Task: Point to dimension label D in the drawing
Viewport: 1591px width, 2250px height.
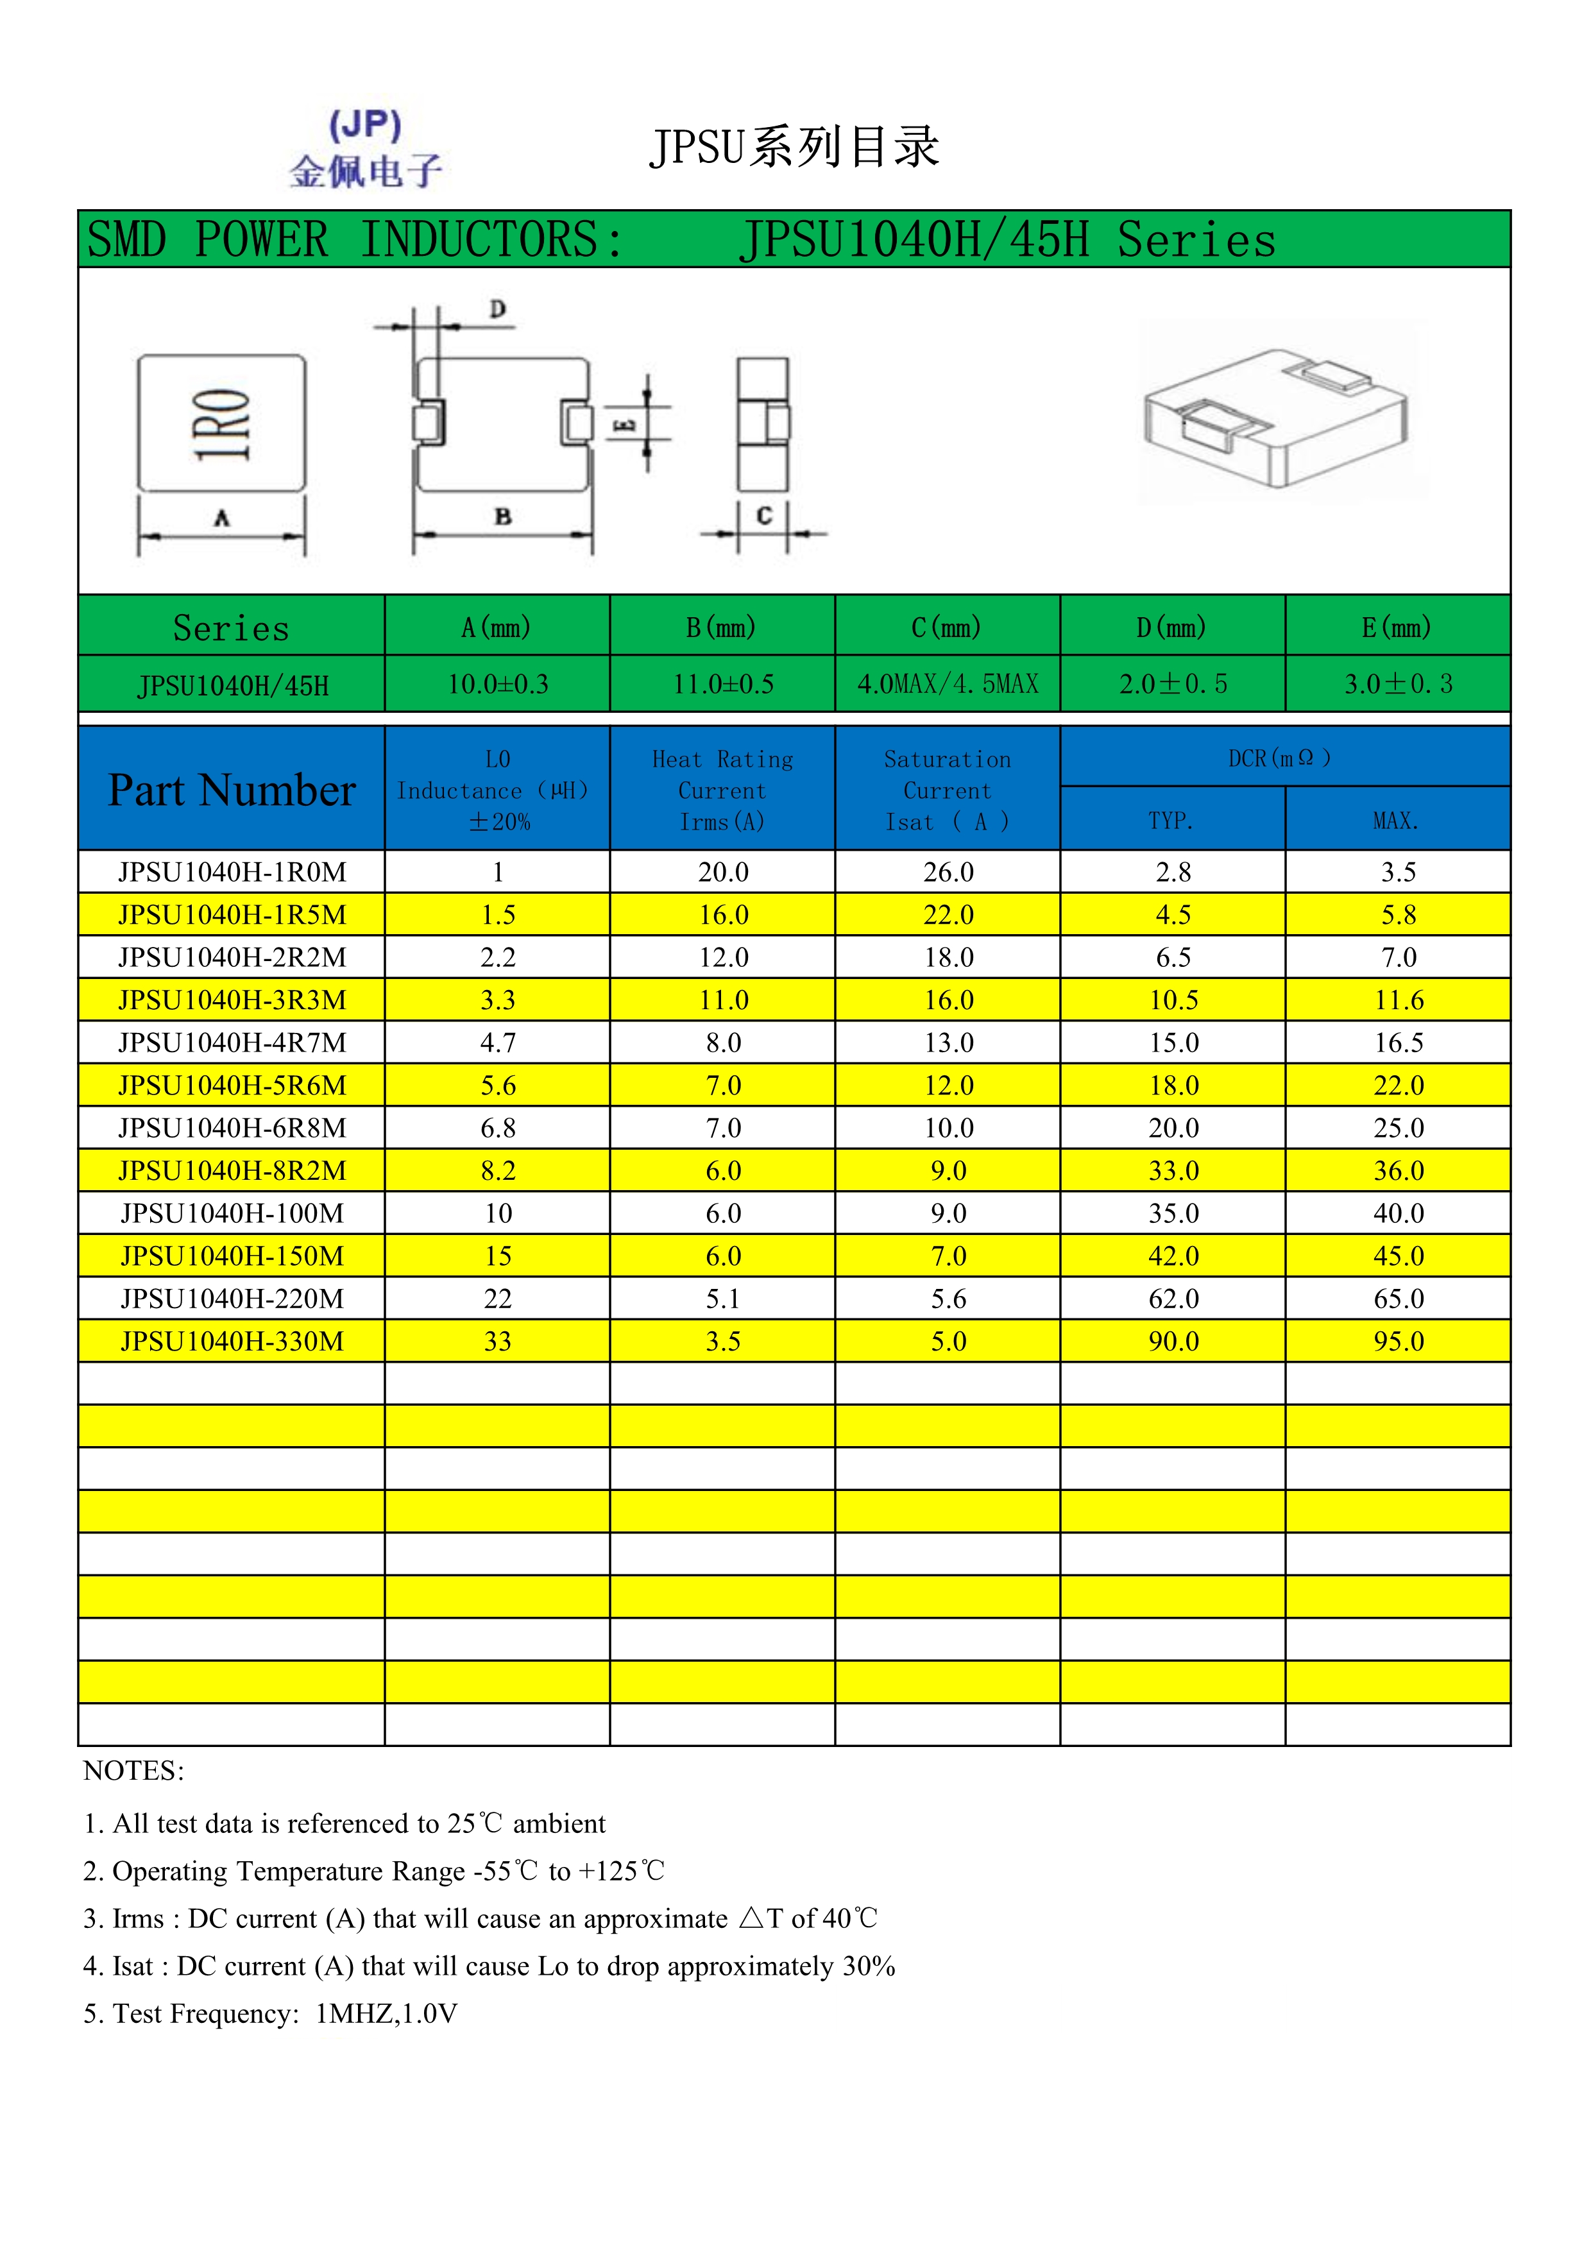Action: tap(498, 310)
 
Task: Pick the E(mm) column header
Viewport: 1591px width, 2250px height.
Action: tap(1397, 627)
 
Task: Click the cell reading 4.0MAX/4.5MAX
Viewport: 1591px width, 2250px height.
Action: tap(948, 684)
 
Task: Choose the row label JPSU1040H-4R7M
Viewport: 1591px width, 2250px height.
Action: tap(232, 1043)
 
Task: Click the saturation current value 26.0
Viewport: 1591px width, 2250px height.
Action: tap(948, 872)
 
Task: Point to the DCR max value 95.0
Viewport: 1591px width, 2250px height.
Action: tap(1398, 1342)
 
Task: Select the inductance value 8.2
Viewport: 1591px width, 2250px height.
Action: tap(498, 1171)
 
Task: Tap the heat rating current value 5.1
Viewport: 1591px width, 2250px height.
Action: tap(723, 1299)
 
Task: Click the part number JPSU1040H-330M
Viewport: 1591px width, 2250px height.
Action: tap(232, 1342)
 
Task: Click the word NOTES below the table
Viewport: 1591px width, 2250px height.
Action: tap(133, 1771)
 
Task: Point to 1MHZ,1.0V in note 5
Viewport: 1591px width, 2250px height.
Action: tap(386, 2014)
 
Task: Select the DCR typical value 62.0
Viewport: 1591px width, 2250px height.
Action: tap(1173, 1299)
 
